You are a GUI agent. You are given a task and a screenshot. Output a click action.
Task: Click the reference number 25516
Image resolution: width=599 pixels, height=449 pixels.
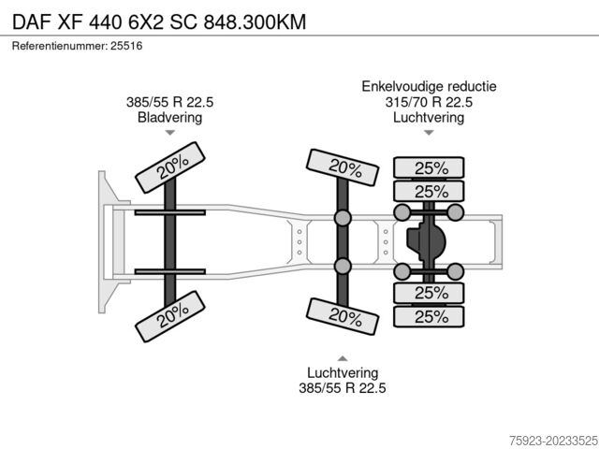(x=126, y=46)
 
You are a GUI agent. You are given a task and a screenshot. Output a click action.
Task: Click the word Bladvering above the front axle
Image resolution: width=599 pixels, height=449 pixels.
(x=170, y=117)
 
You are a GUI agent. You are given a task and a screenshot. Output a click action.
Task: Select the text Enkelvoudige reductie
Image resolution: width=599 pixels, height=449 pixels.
(x=429, y=86)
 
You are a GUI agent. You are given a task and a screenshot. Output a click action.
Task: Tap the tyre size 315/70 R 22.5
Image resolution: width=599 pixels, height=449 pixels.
(x=429, y=102)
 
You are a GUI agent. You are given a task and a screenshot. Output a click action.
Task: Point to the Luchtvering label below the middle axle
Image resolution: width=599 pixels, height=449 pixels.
(x=343, y=372)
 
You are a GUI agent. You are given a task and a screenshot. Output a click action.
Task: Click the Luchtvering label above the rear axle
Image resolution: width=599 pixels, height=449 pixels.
(x=429, y=117)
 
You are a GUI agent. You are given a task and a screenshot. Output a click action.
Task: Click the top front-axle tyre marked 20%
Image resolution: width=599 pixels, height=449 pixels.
(x=170, y=167)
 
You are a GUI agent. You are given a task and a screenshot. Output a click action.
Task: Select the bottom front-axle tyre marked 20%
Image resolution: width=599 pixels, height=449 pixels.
(x=170, y=316)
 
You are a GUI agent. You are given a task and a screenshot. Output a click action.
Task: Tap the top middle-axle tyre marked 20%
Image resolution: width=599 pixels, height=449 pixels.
(x=343, y=167)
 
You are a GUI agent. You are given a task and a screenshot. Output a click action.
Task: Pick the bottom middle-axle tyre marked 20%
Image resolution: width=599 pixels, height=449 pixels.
(x=343, y=316)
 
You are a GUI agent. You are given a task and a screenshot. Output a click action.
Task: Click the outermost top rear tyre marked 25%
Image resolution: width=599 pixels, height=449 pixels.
(x=429, y=167)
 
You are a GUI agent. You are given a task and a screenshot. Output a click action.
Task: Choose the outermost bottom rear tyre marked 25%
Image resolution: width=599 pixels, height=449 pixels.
(x=429, y=316)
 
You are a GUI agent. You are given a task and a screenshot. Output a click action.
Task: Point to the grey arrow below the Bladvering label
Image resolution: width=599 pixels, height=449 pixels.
(x=170, y=133)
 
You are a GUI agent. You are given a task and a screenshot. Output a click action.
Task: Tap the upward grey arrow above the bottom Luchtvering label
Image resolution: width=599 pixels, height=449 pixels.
(x=343, y=358)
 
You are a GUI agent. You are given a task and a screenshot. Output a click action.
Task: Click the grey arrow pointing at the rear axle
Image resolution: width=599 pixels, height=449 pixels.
(x=429, y=133)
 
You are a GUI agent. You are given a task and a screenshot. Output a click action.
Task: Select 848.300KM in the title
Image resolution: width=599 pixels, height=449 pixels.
(x=255, y=22)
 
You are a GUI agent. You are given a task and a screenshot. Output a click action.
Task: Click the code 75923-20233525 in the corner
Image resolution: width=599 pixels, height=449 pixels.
(x=553, y=441)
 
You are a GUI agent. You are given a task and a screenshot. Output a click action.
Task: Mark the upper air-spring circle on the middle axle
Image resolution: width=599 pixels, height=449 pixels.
(x=343, y=218)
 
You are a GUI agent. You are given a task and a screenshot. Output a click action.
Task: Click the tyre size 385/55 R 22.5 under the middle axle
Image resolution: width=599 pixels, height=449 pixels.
(x=343, y=388)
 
